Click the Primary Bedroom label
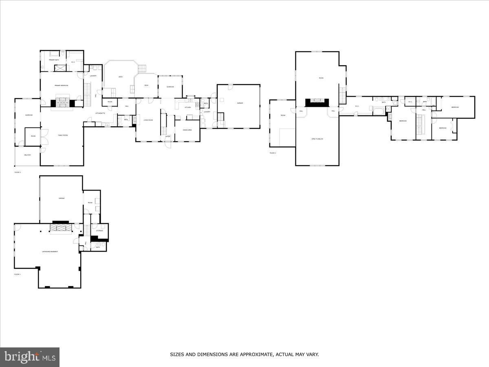coord(62,85)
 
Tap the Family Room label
coord(62,135)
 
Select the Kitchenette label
coord(100,113)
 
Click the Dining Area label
coord(182,130)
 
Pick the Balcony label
coord(27,155)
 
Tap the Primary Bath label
coord(54,60)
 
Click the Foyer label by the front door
coord(167,137)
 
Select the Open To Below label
coord(317,139)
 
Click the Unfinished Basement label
coord(50,252)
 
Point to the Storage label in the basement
coord(99,231)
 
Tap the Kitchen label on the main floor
coord(187,107)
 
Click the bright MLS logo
coord(30,357)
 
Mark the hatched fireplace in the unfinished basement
coord(61,228)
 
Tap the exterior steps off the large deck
coord(141,68)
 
